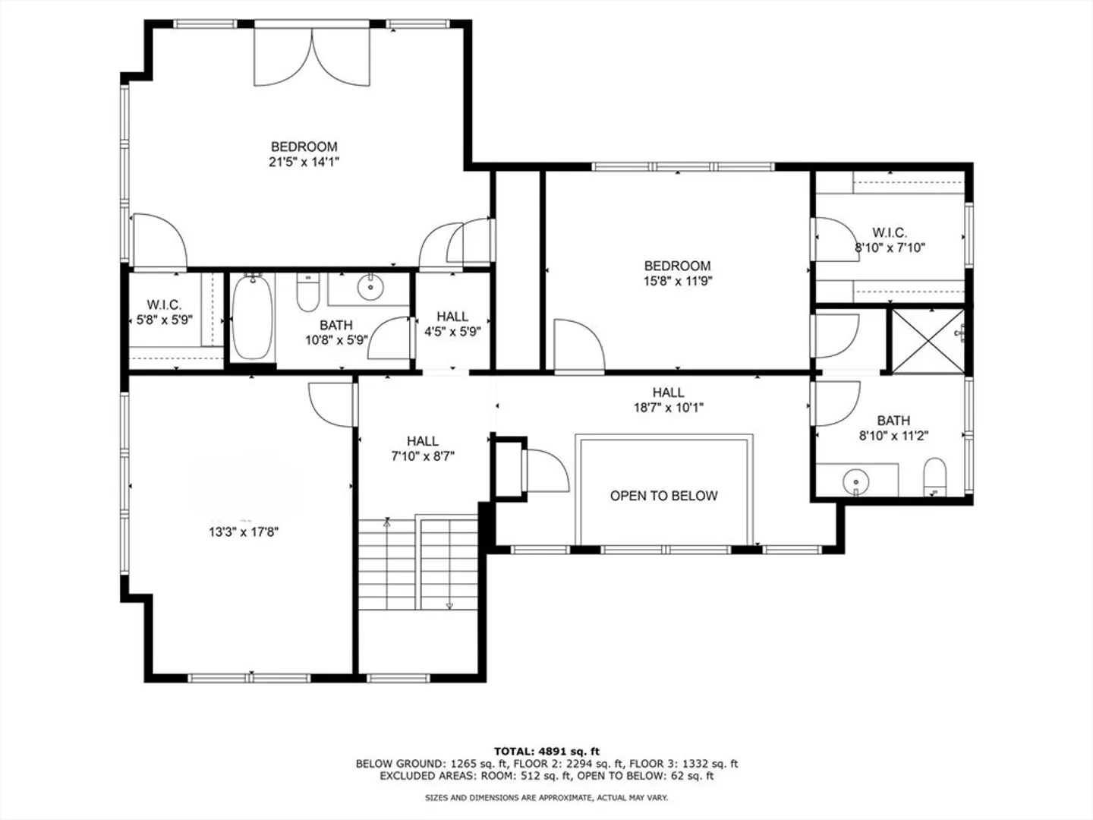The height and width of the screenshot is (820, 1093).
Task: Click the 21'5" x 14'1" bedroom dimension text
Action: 304,162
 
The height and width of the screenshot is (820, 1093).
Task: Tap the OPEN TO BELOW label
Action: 663,495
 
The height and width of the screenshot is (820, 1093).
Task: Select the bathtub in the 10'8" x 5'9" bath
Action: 253,317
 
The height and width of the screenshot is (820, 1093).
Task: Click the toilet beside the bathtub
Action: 307,293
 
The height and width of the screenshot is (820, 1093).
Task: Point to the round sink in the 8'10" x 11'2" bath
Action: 855,482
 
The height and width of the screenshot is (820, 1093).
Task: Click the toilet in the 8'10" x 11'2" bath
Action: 934,477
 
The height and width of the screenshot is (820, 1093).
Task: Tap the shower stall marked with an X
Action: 928,341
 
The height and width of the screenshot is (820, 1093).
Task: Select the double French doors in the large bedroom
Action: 312,57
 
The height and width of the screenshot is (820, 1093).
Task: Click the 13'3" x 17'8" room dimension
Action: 244,532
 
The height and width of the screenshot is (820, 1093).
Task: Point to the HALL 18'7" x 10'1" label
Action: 668,400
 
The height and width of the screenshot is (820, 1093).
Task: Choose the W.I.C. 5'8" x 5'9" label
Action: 164,312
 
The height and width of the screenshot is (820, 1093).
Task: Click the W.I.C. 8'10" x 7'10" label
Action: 890,240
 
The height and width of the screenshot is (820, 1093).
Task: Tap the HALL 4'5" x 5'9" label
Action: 452,323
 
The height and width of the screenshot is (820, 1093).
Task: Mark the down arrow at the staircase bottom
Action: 449,605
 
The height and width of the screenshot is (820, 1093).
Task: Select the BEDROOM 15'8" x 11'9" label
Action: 678,273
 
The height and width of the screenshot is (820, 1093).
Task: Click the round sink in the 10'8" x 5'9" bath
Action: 370,287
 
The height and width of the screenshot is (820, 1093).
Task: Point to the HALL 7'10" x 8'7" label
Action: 423,449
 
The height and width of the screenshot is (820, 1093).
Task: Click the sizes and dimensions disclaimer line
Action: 546,797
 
